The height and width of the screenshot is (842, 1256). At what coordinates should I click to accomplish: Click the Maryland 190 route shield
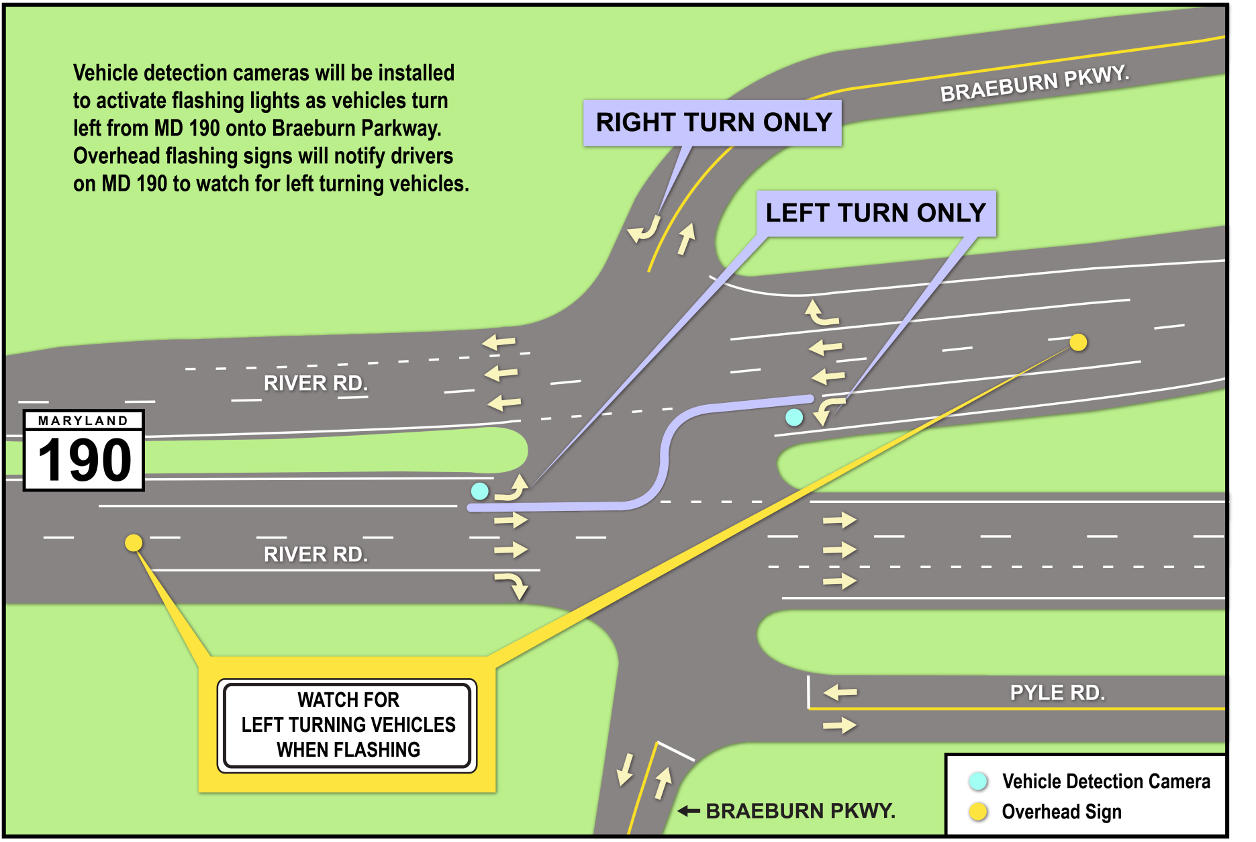click(x=84, y=451)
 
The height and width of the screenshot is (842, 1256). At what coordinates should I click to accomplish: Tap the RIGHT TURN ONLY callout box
click(x=712, y=123)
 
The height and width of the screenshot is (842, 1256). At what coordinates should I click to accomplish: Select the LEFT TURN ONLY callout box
click(x=875, y=214)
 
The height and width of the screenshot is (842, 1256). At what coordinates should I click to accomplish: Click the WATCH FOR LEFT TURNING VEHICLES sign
click(x=347, y=725)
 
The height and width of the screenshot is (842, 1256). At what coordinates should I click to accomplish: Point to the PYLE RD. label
click(x=1057, y=693)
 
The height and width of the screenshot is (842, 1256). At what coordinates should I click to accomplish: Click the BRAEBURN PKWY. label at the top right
click(x=1034, y=84)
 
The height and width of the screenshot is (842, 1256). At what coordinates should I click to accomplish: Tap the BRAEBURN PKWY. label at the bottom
click(x=800, y=811)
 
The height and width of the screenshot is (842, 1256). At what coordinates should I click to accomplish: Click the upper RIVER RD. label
click(x=316, y=383)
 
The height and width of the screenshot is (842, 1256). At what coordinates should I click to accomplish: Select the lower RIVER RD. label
click(x=316, y=555)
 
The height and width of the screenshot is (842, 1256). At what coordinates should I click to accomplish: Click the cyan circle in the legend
click(x=978, y=781)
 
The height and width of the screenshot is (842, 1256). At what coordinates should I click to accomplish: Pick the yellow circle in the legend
click(x=978, y=812)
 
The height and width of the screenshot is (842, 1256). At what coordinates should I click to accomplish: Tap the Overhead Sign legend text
click(x=1061, y=812)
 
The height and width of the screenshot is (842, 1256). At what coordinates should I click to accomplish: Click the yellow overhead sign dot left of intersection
click(x=134, y=543)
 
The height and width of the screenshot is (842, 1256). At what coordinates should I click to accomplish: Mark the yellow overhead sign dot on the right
click(x=1078, y=342)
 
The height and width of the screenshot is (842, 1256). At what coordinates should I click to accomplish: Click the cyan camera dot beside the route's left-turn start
click(x=479, y=491)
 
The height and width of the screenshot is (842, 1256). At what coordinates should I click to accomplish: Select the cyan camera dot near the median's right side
click(x=794, y=418)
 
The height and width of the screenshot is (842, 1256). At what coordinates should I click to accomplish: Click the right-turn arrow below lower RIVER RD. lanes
click(x=513, y=585)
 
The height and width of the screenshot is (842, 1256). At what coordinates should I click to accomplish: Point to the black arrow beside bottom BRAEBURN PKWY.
click(x=689, y=811)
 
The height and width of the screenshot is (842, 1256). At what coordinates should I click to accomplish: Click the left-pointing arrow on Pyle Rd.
click(x=840, y=692)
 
